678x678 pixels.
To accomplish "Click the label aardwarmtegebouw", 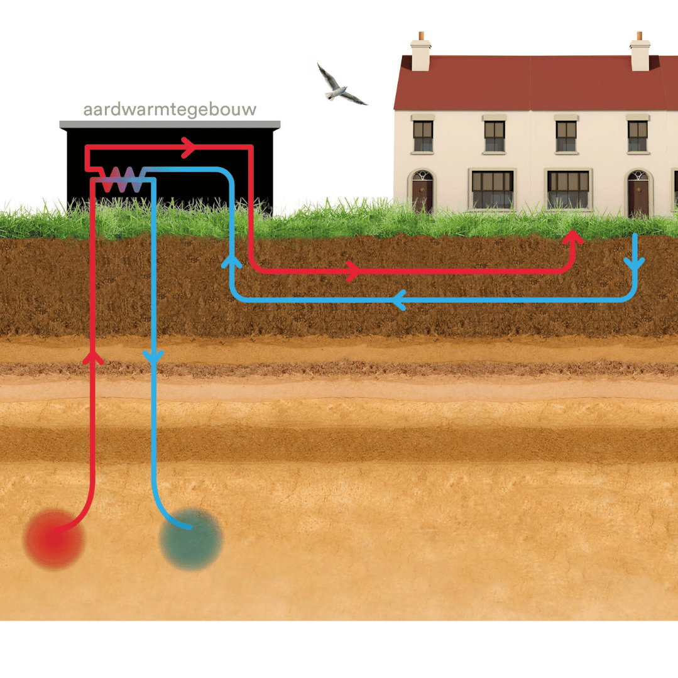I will [x=170, y=109].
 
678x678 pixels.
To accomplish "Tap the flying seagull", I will [x=339, y=84].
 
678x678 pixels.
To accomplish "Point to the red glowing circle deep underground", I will [x=53, y=539].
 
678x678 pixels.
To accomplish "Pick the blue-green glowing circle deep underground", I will [x=190, y=539].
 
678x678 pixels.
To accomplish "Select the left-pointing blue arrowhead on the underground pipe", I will [x=398, y=300].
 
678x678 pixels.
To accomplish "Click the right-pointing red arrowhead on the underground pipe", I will [x=354, y=271].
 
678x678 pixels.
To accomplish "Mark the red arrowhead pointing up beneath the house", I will [x=572, y=238].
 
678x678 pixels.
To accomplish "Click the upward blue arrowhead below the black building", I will [x=231, y=261].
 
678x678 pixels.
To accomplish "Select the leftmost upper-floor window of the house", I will [x=423, y=136].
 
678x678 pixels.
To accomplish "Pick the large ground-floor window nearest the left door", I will [x=493, y=189].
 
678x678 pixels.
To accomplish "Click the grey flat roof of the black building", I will [x=170, y=124].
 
